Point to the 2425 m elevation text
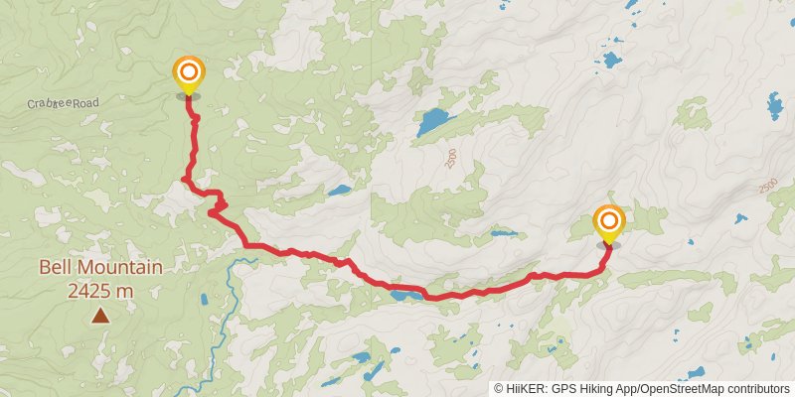pos(100,291)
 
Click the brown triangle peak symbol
pos(100,316)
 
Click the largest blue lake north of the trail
pos(433,123)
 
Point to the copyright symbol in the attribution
pos(500,388)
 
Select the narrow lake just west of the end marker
pos(504,235)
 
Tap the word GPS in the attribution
pos(567,388)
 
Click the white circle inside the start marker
pos(187,72)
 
